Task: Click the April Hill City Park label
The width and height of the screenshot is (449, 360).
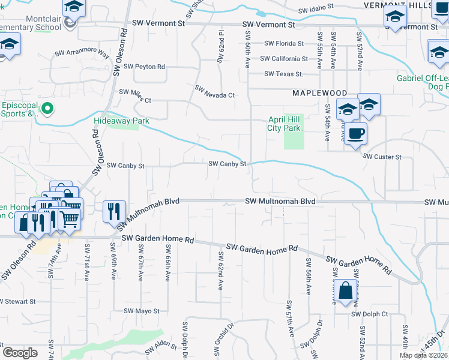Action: [x=283, y=124]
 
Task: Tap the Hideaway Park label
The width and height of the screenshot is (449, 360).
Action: [x=121, y=120]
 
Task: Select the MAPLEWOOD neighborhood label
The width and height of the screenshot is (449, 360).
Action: [x=320, y=93]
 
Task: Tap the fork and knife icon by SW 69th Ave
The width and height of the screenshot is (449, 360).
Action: [x=113, y=212]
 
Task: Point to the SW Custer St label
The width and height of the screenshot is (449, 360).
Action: [x=382, y=156]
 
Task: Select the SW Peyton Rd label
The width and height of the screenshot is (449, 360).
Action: [x=142, y=67]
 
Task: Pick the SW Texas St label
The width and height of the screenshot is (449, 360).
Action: [x=284, y=74]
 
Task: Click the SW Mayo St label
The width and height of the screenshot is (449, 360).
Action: [x=142, y=311]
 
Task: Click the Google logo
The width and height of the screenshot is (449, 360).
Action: [x=20, y=353]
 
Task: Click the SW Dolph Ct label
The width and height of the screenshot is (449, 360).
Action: [x=370, y=314]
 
